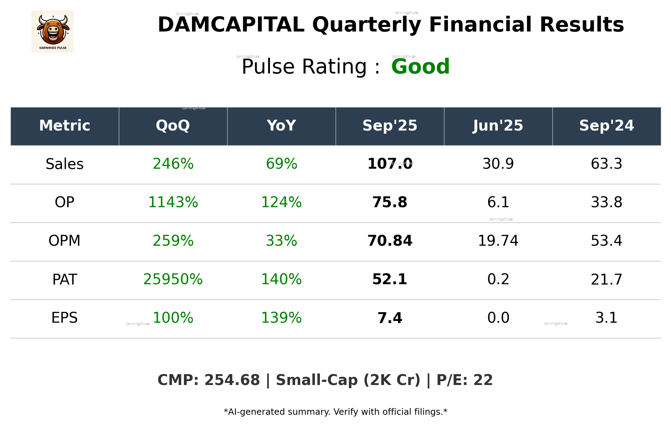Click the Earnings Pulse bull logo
[x=52, y=31]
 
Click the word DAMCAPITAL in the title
[x=231, y=25]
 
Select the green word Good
[x=420, y=66]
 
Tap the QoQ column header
[x=173, y=126]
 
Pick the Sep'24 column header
[x=606, y=126]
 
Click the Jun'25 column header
[x=498, y=126]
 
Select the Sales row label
[x=65, y=164]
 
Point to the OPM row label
[x=65, y=241]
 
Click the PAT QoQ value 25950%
[x=173, y=279]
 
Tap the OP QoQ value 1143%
[x=173, y=202]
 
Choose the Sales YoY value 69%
[x=281, y=164]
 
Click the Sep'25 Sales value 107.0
[x=390, y=164]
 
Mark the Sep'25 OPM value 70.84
[x=390, y=241]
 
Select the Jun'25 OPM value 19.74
[x=498, y=241]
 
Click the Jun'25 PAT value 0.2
[x=498, y=279]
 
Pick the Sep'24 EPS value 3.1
[x=606, y=318]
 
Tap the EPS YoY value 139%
[x=281, y=318]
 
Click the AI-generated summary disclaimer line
[x=335, y=412]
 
